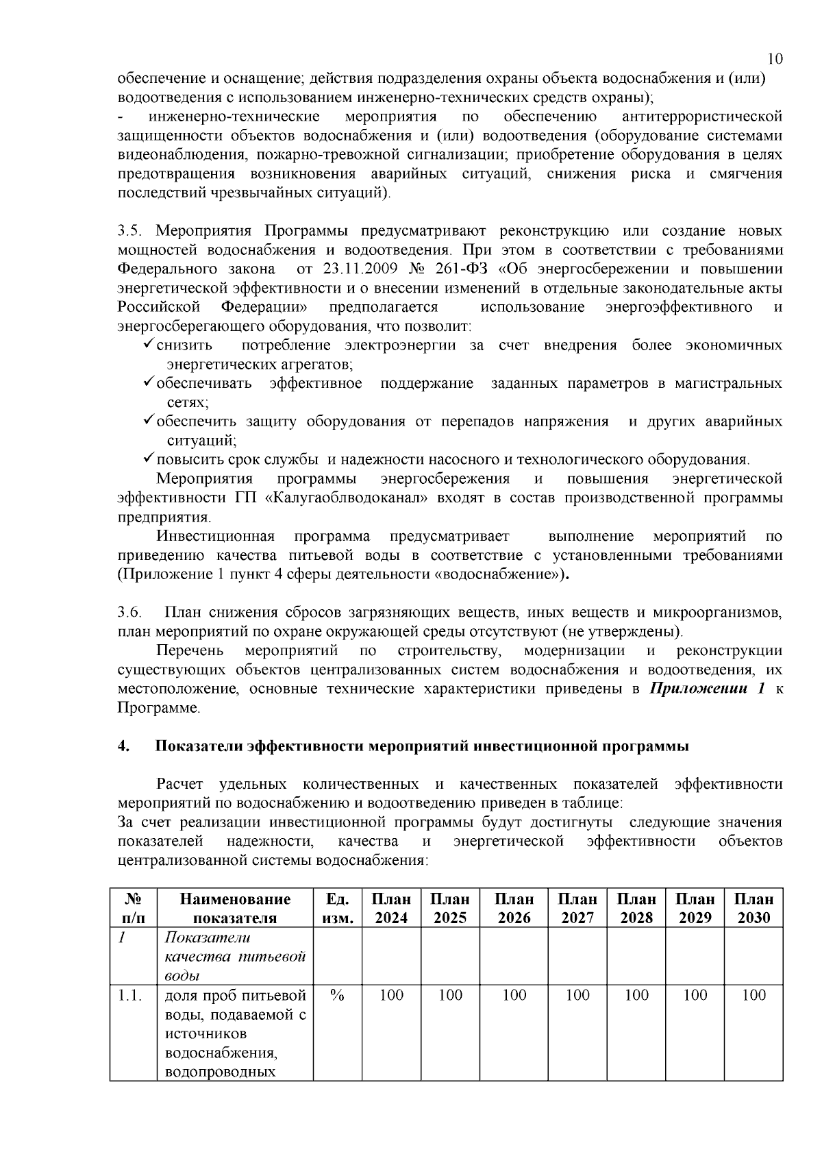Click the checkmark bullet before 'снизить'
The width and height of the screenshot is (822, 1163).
(x=149, y=345)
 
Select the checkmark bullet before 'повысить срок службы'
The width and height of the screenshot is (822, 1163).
(x=149, y=458)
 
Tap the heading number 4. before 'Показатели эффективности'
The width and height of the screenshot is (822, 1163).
(x=123, y=746)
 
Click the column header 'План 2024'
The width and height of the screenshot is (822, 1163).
(x=391, y=908)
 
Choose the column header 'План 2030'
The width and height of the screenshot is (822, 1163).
(x=754, y=908)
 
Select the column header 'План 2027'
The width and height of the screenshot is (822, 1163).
(x=577, y=908)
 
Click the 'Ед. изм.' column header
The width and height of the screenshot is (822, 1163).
(x=336, y=908)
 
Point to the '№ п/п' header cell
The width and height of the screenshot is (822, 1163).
(x=134, y=908)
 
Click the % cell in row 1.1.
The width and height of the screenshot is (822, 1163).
(x=336, y=995)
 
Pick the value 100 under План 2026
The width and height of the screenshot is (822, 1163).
(x=514, y=995)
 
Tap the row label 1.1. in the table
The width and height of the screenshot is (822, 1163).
(x=130, y=995)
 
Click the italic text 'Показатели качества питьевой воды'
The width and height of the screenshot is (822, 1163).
(x=234, y=956)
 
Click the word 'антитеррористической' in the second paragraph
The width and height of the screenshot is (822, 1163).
(x=701, y=116)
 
